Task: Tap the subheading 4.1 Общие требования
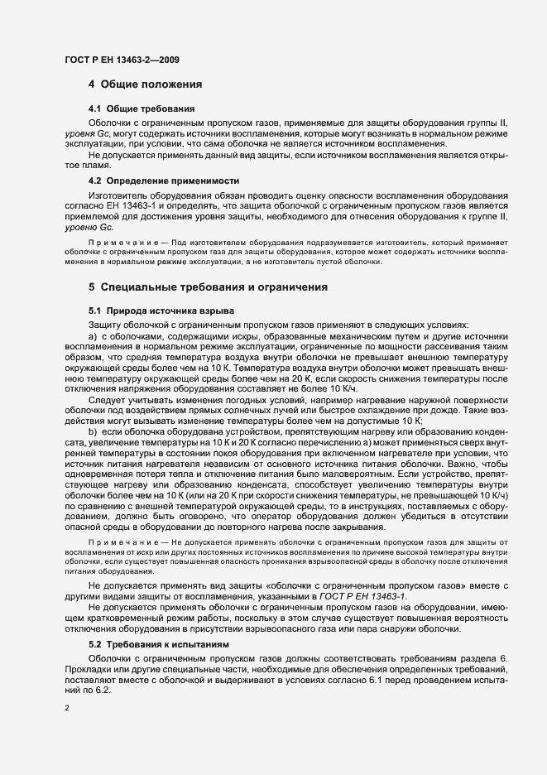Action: [142, 108]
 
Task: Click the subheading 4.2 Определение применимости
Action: [164, 181]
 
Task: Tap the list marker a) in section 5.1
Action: [94, 336]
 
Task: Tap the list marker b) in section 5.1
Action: [94, 432]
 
